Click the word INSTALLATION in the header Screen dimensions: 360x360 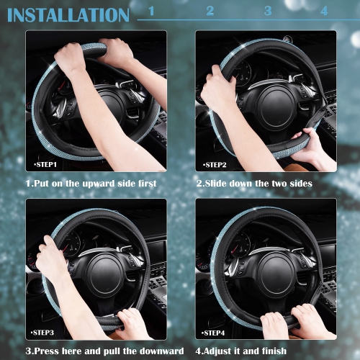click(68, 14)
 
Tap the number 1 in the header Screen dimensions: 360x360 click(150, 11)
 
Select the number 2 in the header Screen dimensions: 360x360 click(210, 11)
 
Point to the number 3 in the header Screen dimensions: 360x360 click(268, 11)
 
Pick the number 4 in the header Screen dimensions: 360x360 click(324, 11)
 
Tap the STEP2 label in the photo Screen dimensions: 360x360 click(215, 165)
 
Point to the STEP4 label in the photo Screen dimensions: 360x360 click(215, 333)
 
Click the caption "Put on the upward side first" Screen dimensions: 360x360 click(91, 184)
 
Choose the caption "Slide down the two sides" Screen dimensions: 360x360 click(255, 184)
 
